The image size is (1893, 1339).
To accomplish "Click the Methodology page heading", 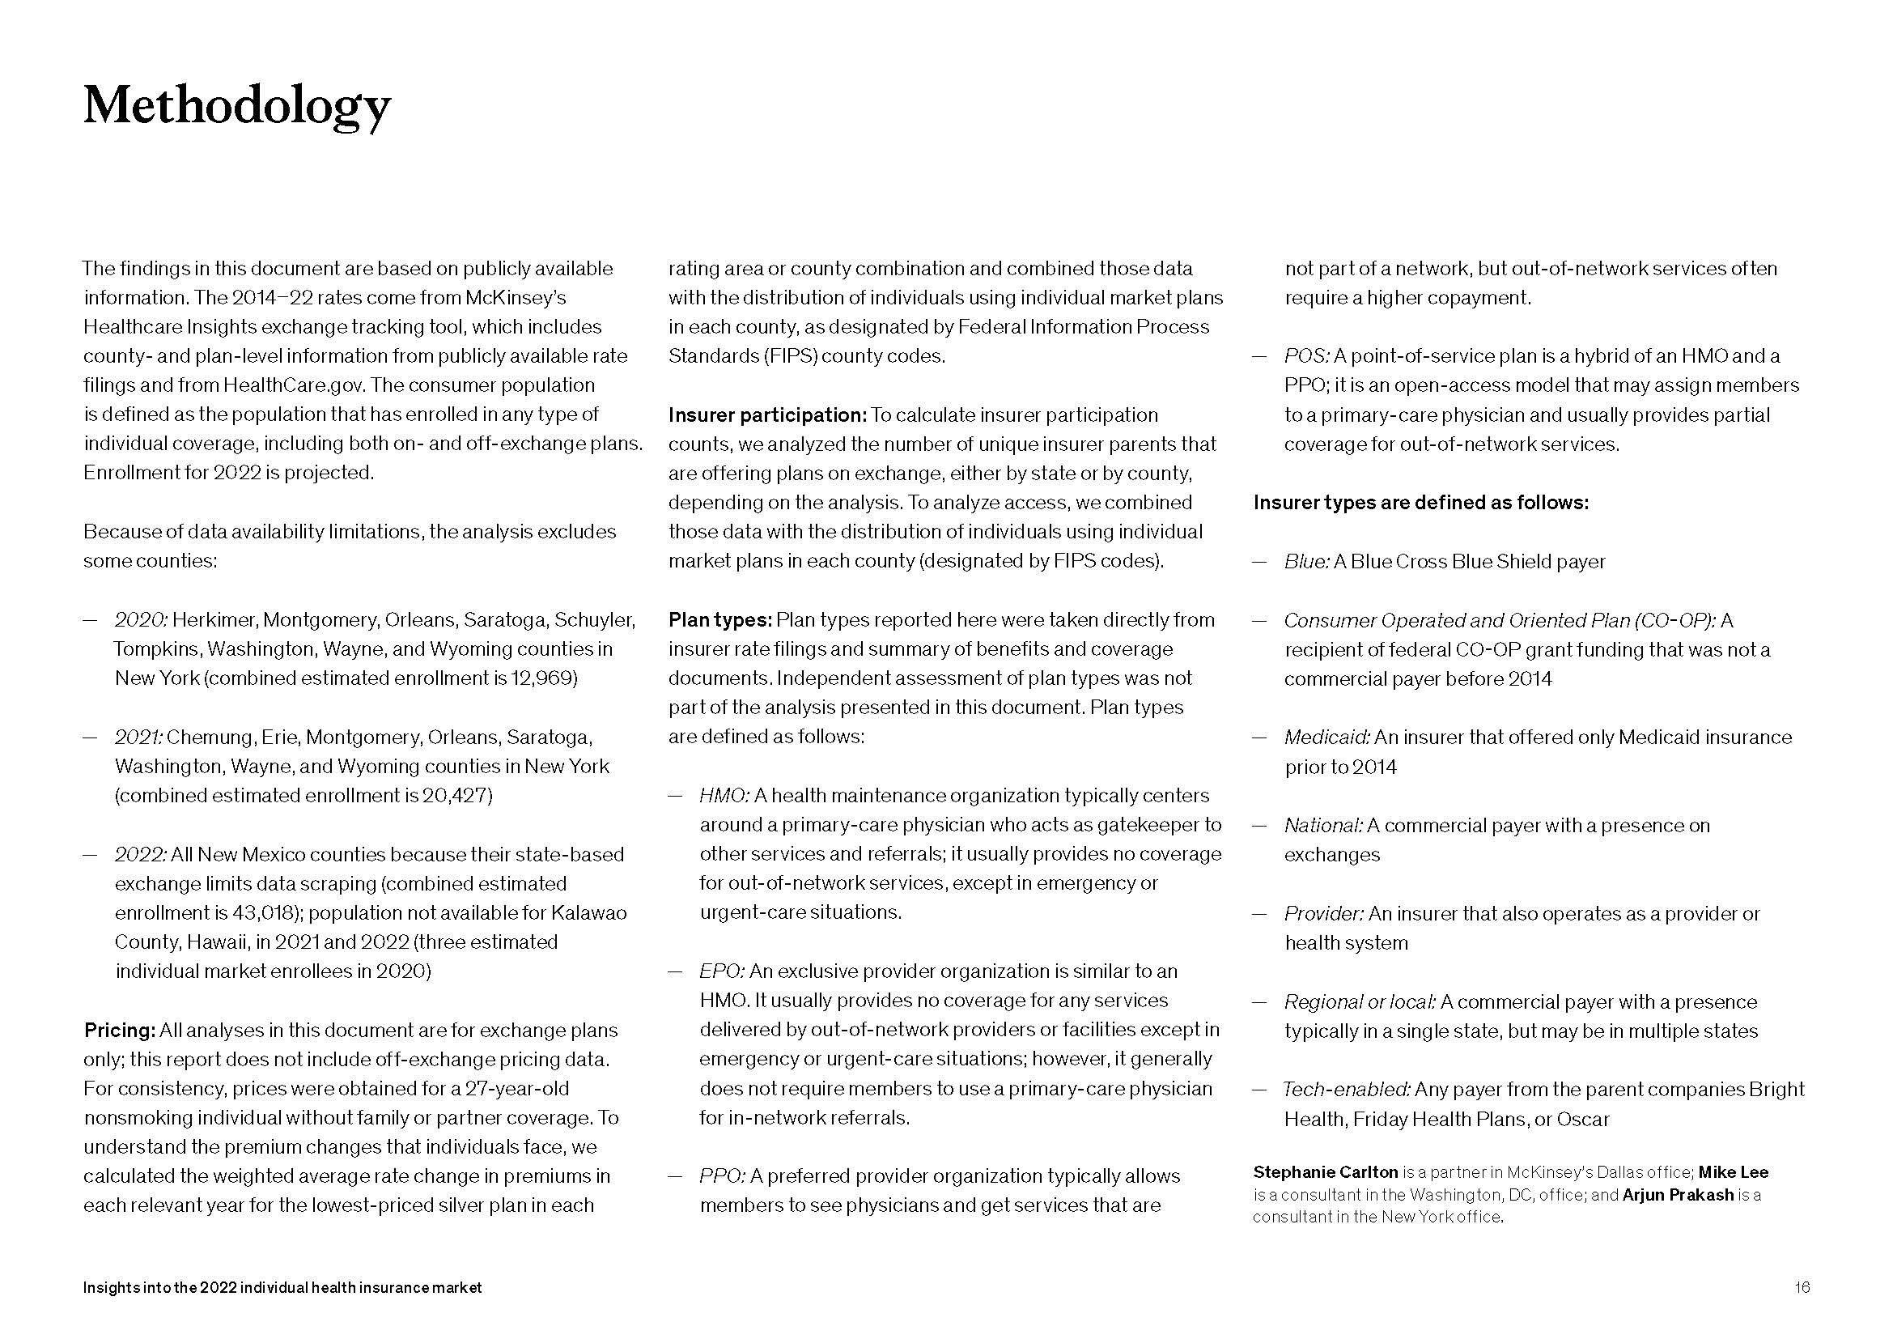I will click(x=236, y=108).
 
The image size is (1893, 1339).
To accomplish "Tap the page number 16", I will click(x=1802, y=1287).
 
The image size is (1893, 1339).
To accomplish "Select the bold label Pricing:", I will click(x=120, y=1031).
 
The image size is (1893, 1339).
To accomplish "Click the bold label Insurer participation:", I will click(x=766, y=414).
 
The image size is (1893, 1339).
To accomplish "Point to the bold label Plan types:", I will click(x=719, y=620).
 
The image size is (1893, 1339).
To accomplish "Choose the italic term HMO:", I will click(x=724, y=796).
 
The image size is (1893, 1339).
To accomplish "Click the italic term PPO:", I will click(x=723, y=1176).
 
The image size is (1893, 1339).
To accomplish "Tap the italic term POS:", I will click(x=1307, y=356).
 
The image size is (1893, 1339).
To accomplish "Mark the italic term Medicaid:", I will click(x=1326, y=738).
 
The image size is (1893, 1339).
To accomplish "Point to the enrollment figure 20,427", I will click(x=457, y=796).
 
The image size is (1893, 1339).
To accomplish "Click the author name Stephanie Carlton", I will click(x=1325, y=1172).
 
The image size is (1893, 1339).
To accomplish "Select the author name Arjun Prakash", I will click(x=1678, y=1196).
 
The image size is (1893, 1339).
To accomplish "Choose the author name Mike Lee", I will click(x=1733, y=1172).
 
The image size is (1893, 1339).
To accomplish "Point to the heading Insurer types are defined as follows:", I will click(x=1420, y=503).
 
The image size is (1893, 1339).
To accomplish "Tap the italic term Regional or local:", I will click(x=1360, y=1002).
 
